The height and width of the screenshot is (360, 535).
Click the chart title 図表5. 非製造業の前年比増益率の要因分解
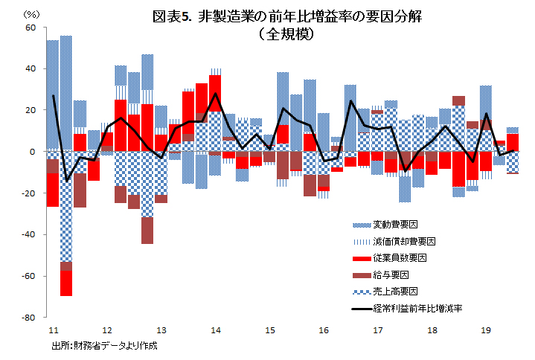pos(286,17)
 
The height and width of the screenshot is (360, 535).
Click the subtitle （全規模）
pos(286,34)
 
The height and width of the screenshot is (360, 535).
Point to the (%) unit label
pos(32,13)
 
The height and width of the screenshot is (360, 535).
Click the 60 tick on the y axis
pos(31,28)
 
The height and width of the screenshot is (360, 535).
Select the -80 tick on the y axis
pos(30,318)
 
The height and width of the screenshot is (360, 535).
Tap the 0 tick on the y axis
pos(33,152)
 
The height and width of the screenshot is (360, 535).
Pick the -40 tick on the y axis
pos(30,235)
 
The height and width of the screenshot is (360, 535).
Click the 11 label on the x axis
pos(53,330)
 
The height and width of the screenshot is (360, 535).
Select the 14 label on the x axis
pos(215,330)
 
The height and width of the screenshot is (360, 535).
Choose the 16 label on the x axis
pos(323,330)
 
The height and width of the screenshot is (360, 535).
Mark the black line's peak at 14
pos(216,94)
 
